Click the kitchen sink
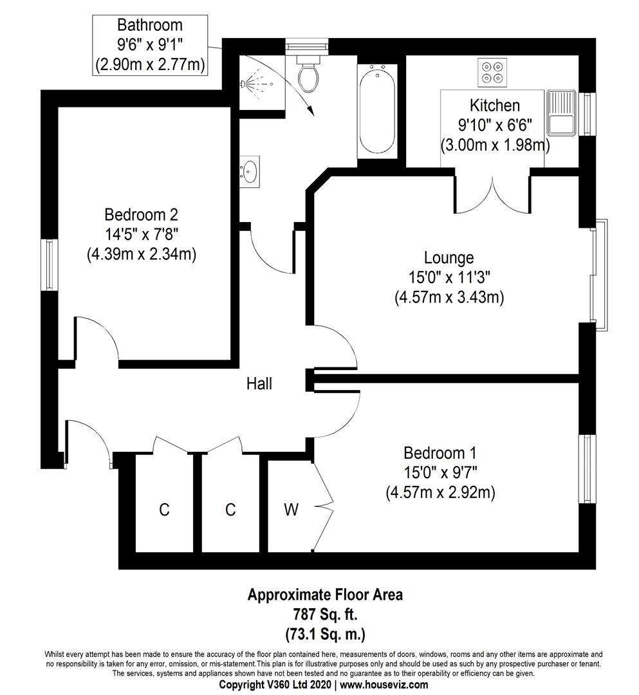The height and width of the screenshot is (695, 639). tap(561, 113)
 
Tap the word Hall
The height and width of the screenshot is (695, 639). tap(259, 384)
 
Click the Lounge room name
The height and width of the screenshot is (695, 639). tap(449, 257)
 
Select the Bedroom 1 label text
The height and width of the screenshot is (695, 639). tap(440, 453)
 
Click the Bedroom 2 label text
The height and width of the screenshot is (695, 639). tap(141, 214)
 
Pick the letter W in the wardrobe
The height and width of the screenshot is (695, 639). tap(291, 510)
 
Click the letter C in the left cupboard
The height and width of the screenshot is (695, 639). tap(164, 510)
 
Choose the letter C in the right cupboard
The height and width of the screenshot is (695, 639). tap(230, 510)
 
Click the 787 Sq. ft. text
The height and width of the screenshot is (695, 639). tap(325, 615)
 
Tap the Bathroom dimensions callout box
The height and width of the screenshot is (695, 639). tap(150, 45)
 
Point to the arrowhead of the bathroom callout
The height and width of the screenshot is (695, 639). tap(312, 111)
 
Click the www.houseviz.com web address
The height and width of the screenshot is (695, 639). tap(384, 685)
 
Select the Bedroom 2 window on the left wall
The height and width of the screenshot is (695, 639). tap(50, 265)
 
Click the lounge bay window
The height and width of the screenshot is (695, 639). tap(599, 275)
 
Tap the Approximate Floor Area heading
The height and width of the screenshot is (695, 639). tap(325, 595)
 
